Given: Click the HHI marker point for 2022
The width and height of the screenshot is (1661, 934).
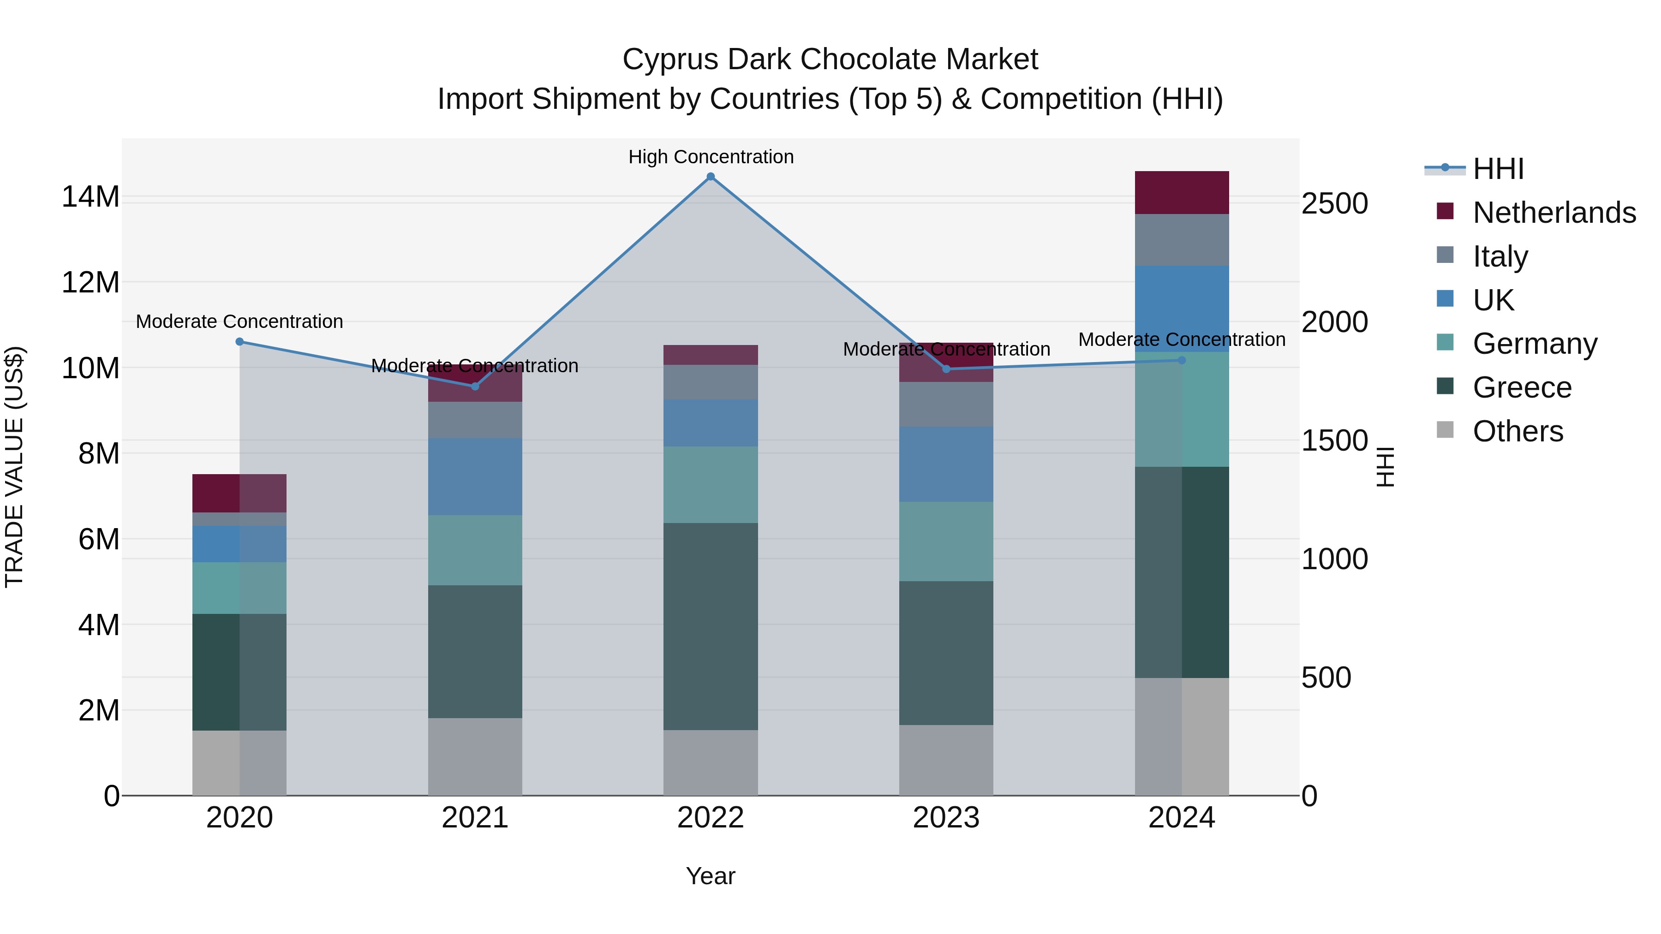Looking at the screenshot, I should click(x=711, y=176).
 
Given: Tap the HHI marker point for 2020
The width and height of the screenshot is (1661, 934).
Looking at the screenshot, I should click(x=239, y=342).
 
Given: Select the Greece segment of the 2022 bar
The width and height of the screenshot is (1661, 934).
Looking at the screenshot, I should click(x=711, y=626).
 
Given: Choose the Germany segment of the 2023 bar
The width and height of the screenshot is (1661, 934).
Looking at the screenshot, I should click(x=946, y=541).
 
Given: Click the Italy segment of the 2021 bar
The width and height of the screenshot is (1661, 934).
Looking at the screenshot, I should click(x=475, y=420).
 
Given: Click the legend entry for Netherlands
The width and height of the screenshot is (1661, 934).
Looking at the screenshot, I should click(x=1554, y=213).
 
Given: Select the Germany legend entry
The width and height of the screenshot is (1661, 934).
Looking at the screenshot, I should click(x=1535, y=344).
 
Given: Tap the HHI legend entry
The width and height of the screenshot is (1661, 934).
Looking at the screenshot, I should click(x=1497, y=169).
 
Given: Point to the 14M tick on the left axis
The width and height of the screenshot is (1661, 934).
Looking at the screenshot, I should click(x=90, y=196).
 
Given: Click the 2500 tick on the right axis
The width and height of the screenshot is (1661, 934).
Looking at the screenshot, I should click(x=1334, y=204).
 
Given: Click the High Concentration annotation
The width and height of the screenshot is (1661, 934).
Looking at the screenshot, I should click(x=711, y=157).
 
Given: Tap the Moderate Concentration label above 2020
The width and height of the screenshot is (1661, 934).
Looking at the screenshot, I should click(x=239, y=321).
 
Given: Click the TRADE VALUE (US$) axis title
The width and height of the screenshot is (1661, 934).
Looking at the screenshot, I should click(x=14, y=467).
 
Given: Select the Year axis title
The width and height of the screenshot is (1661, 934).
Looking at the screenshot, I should click(x=711, y=876).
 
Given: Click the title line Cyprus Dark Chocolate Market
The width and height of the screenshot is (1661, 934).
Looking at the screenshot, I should click(x=830, y=59).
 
